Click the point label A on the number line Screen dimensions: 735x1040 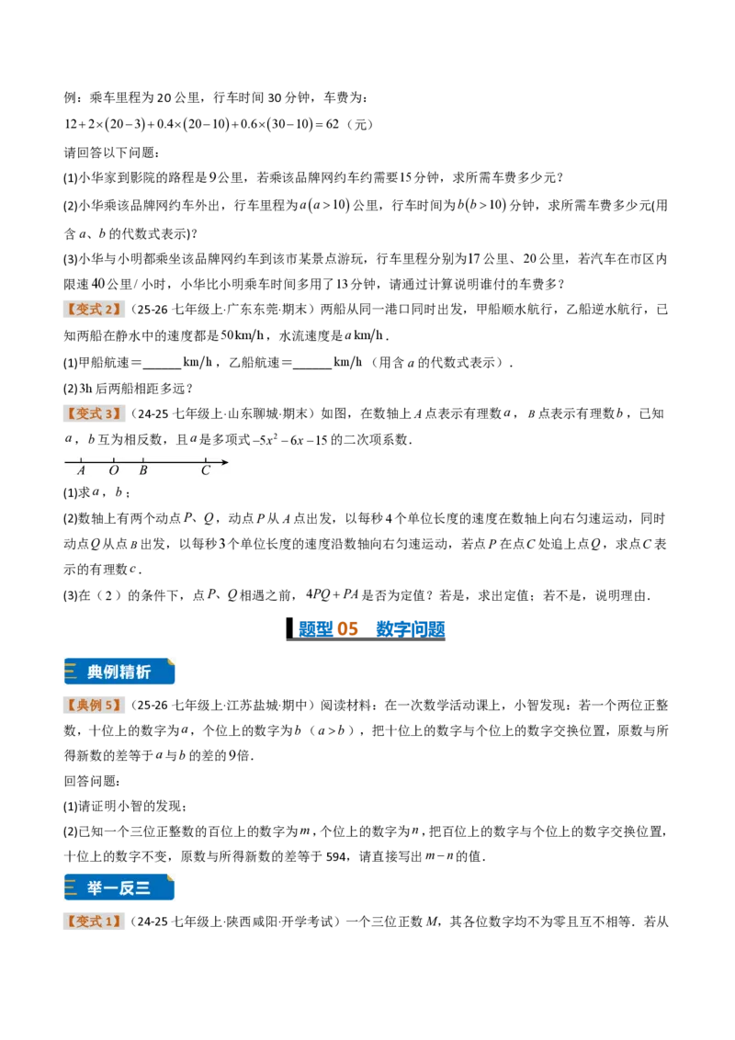point(81,470)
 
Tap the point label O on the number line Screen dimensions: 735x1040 point(113,470)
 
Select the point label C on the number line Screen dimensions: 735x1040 point(206,470)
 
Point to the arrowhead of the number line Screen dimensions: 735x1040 point(225,461)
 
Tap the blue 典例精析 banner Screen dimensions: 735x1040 point(119,672)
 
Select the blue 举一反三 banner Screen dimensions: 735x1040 point(119,887)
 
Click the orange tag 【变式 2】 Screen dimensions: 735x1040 point(94,310)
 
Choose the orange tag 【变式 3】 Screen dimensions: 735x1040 point(94,413)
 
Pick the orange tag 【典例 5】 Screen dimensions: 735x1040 point(94,705)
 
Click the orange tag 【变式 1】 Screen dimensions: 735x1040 point(94,921)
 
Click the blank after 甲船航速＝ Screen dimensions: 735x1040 point(162,364)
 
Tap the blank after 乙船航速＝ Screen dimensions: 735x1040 point(311,364)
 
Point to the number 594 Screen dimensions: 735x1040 point(336,857)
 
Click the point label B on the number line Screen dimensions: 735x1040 point(143,470)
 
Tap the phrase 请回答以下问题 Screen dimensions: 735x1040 point(111,153)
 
